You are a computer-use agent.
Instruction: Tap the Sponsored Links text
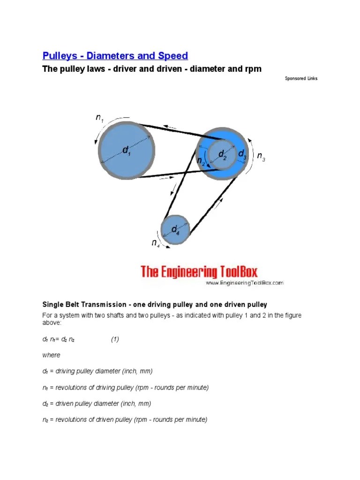click(301, 78)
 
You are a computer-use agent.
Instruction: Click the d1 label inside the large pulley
click(127, 150)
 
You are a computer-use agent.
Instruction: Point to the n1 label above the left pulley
click(100, 118)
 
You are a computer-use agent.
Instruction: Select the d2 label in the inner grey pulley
click(222, 155)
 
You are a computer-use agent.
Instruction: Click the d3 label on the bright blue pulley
click(242, 154)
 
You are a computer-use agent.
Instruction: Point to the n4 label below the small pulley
click(156, 243)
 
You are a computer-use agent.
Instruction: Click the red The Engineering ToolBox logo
click(199, 271)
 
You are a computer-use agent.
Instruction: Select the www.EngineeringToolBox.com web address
click(244, 283)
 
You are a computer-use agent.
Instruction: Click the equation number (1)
click(115, 339)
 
